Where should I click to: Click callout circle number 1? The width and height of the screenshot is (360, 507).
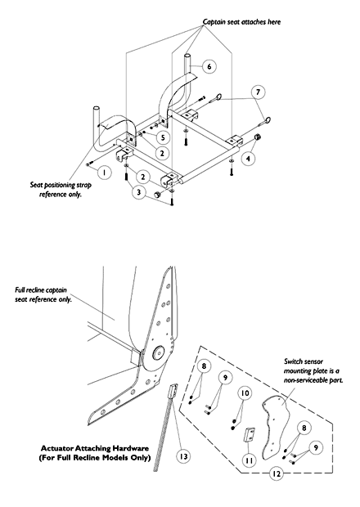[x=104, y=172]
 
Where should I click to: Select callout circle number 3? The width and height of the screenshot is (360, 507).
[x=138, y=192]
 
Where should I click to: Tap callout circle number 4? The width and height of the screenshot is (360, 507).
[x=248, y=159]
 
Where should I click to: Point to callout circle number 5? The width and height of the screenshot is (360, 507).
[x=163, y=137]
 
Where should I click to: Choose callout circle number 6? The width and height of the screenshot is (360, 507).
[x=209, y=66]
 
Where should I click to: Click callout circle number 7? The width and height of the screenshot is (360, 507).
[x=258, y=92]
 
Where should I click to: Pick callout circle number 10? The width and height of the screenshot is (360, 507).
[x=245, y=393]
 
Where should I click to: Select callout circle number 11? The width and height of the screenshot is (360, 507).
[x=249, y=460]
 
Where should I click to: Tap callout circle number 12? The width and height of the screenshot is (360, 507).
[x=276, y=473]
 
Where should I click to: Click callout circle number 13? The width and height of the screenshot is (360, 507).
[x=183, y=456]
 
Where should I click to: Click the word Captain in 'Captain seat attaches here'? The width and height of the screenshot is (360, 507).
[x=214, y=22]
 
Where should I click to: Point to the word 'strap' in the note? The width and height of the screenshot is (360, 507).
[x=84, y=186]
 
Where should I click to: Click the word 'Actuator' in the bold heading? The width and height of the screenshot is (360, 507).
[x=57, y=448]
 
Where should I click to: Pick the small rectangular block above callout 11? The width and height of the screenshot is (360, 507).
[x=250, y=435]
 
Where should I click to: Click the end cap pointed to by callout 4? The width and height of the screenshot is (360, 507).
[x=258, y=137]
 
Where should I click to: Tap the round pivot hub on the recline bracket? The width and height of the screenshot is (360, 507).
[x=159, y=352]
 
